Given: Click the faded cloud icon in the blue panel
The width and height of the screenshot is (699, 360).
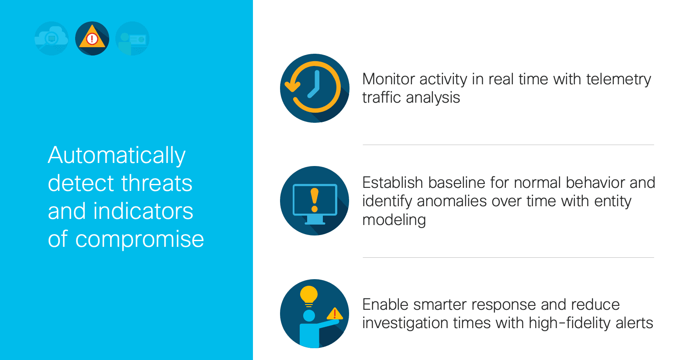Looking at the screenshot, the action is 52,38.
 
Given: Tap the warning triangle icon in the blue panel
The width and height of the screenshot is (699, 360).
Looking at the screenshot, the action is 92,38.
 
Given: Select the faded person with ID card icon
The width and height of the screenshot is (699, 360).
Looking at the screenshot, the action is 132,38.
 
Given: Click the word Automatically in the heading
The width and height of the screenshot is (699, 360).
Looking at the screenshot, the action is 117,156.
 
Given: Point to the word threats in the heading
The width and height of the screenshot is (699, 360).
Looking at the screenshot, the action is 157,183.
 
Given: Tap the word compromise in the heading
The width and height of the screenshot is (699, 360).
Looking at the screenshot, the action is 139,240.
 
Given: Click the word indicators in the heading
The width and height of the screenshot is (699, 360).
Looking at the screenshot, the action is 143,211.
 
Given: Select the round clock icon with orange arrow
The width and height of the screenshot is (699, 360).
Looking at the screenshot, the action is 315,88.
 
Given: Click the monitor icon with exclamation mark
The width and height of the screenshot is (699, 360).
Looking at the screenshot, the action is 315,201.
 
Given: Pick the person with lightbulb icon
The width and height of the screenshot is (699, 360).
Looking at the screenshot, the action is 315,314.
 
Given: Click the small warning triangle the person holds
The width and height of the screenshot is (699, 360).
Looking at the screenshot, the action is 335,314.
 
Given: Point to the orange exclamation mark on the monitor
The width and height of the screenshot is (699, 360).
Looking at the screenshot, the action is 315,200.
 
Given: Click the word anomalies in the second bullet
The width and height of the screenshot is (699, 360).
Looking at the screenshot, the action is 452,201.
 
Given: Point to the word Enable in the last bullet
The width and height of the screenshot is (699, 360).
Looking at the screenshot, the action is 385,305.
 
